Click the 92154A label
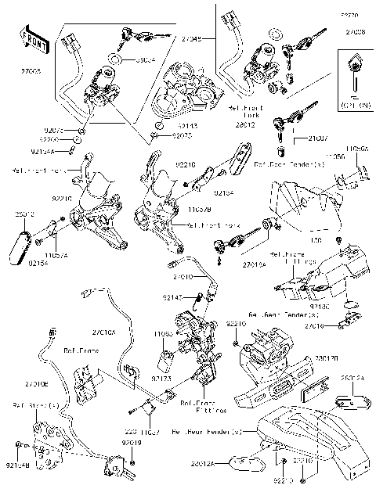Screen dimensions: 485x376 point(42,152)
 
